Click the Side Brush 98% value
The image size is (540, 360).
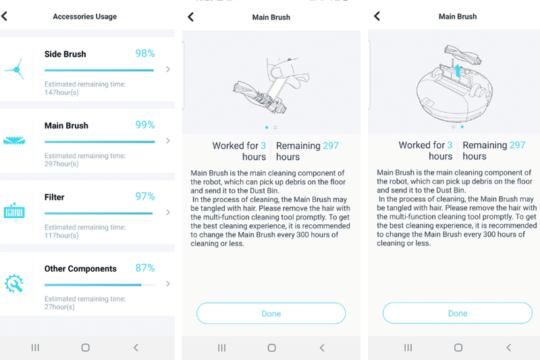(x=145, y=53)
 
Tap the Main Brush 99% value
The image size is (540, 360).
(x=145, y=125)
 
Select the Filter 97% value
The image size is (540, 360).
(x=145, y=197)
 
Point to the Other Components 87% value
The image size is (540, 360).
(x=145, y=268)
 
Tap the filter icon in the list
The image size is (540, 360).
(x=14, y=211)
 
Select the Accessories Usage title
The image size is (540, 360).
(x=84, y=17)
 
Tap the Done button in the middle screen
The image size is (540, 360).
(x=271, y=313)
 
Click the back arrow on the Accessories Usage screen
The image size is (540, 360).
(x=5, y=16)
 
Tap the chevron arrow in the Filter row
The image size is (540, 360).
(x=167, y=212)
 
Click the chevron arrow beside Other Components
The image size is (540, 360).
(x=167, y=284)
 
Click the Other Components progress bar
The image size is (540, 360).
(x=99, y=285)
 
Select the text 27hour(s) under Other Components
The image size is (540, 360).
(x=59, y=307)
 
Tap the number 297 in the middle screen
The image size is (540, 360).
(x=330, y=145)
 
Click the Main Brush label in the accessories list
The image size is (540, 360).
(x=66, y=126)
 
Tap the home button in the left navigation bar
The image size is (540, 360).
(x=85, y=347)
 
